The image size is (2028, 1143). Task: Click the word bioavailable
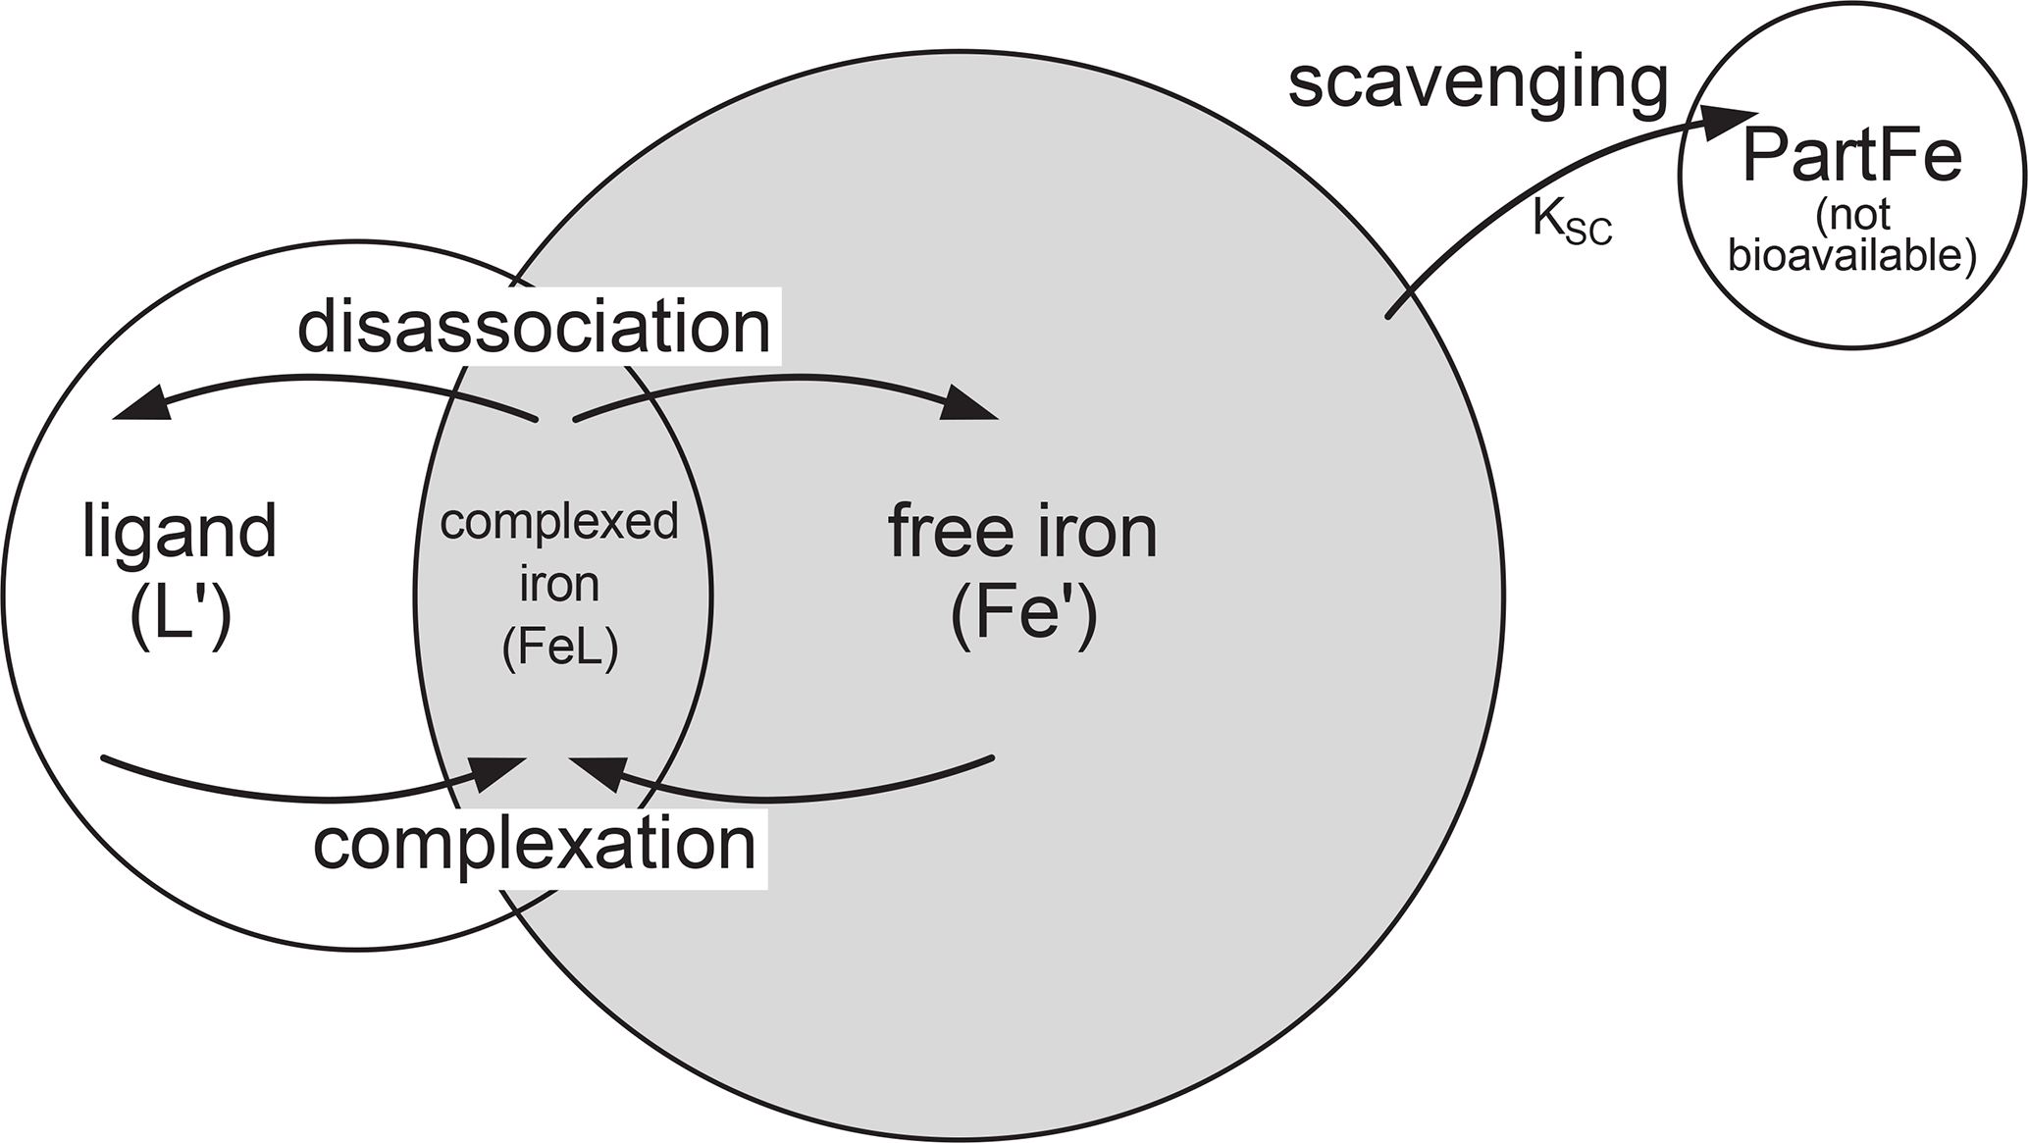pos(1851,256)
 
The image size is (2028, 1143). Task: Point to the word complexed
pos(559,522)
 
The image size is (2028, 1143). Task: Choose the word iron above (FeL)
pos(559,585)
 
